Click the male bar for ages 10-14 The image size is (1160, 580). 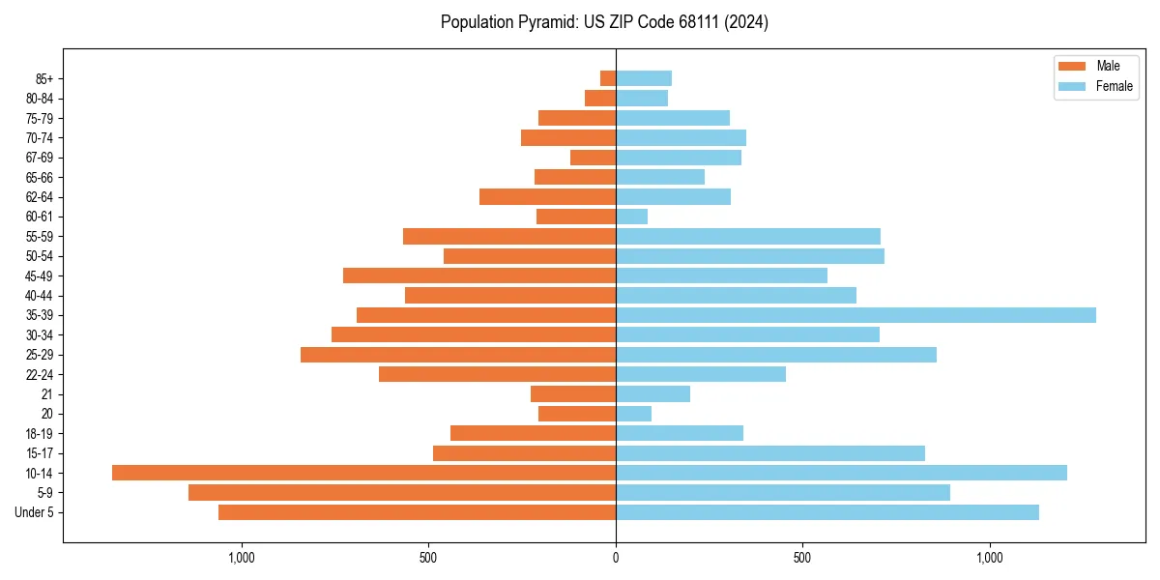[363, 473]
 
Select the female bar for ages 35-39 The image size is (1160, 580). [855, 315]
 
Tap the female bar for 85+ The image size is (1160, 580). [644, 78]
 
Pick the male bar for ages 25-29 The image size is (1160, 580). [458, 355]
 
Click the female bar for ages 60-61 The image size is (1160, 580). [632, 217]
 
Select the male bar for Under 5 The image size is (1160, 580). [417, 512]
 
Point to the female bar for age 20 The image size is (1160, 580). [634, 414]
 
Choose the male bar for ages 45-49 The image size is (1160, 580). [479, 275]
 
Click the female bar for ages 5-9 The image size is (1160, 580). [783, 493]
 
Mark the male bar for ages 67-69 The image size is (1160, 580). [593, 158]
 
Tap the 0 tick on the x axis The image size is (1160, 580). [616, 558]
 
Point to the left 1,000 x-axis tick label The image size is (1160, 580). [241, 558]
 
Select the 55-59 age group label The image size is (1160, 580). [39, 237]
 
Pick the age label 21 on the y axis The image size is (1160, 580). [46, 394]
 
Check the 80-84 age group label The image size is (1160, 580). [39, 99]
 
